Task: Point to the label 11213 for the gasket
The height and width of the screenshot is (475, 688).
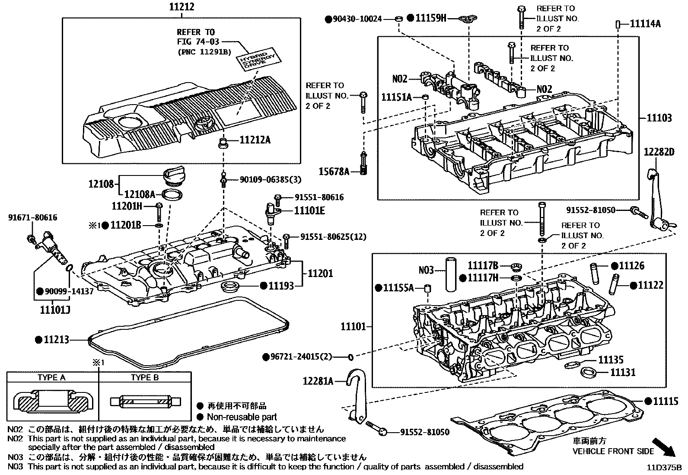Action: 56,340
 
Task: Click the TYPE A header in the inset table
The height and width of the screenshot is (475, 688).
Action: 52,377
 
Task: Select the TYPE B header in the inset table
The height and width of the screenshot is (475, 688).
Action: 145,377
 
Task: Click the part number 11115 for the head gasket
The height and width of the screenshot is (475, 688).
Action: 666,401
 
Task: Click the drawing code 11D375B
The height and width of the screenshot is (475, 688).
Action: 664,468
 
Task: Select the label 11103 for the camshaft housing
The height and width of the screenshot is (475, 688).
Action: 659,118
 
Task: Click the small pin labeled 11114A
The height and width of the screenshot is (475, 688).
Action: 618,24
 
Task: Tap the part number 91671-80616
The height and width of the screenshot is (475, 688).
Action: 32,218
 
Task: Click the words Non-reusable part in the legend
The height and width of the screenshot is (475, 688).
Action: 242,417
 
